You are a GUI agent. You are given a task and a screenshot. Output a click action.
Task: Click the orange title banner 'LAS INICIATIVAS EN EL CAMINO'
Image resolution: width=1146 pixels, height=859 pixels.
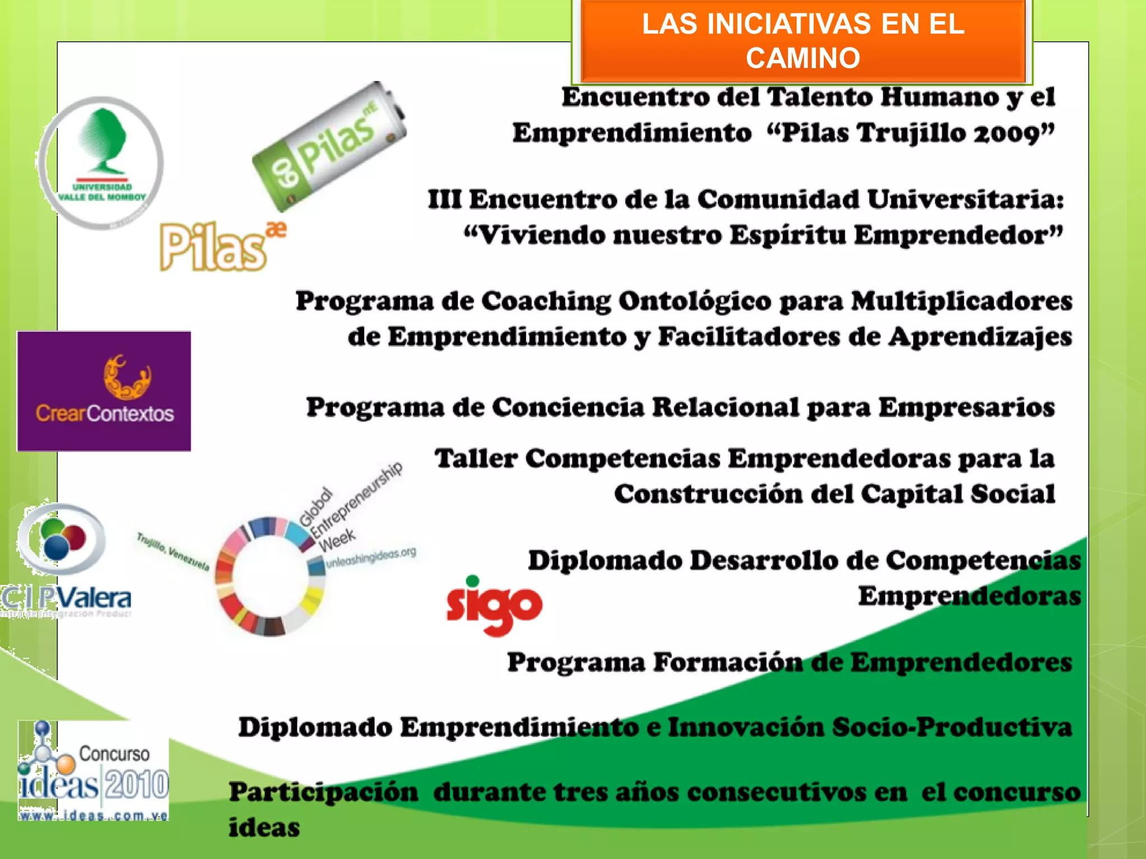point(803,41)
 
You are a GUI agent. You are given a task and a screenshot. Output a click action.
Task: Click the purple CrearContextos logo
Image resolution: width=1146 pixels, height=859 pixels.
point(104,391)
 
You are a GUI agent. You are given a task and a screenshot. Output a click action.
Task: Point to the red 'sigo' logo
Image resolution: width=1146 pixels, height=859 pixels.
point(494,606)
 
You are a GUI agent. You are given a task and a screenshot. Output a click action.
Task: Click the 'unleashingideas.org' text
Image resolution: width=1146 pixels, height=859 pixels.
point(371,557)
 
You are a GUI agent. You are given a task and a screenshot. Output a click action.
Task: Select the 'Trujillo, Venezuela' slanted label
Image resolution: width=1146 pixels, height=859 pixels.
point(173,551)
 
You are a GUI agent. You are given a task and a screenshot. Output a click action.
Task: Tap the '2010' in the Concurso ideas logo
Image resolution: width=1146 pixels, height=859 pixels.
point(137,785)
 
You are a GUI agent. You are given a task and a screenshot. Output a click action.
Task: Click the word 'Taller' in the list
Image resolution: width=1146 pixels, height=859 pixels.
point(476,459)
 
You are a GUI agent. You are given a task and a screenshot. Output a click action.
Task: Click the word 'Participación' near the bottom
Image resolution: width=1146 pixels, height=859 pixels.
point(323,792)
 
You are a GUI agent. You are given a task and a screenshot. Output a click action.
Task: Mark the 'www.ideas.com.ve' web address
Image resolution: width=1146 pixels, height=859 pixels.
point(93,815)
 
